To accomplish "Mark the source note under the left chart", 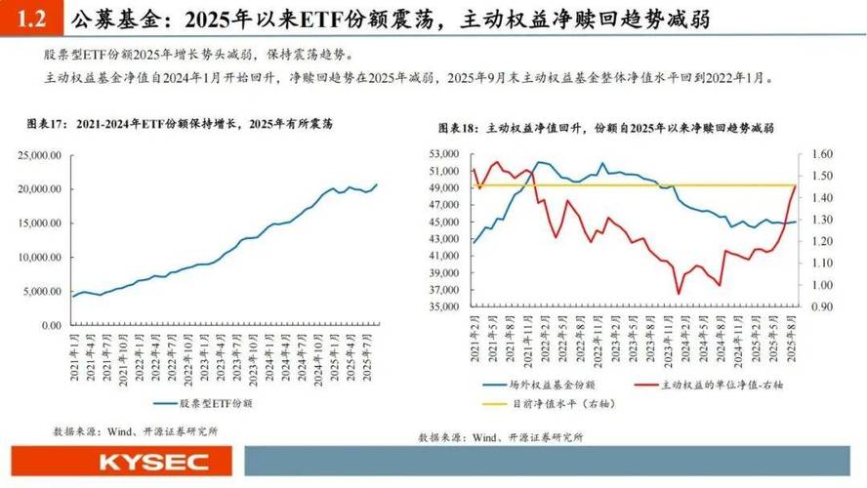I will (x=135, y=429).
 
